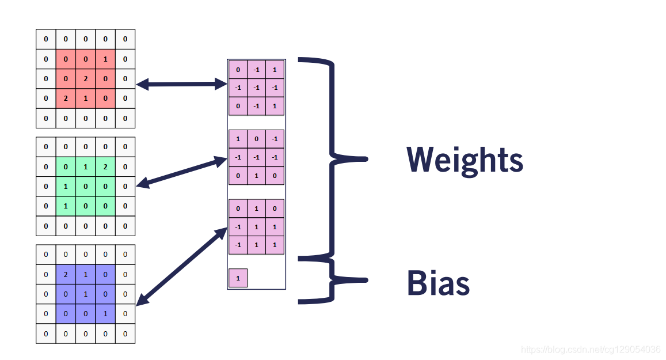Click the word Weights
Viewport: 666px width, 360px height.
(x=465, y=160)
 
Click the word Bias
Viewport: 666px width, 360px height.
(x=438, y=283)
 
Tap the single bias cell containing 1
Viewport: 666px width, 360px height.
(x=238, y=278)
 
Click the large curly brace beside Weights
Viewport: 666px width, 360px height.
(x=333, y=157)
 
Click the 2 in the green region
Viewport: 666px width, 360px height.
(x=105, y=167)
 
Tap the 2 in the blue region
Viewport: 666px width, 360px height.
(x=66, y=275)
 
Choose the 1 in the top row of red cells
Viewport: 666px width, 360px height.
(x=105, y=59)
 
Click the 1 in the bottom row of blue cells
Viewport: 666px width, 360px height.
(x=105, y=314)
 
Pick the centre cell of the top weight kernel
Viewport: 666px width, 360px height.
(x=257, y=88)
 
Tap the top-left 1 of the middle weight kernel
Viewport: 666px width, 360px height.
(x=238, y=139)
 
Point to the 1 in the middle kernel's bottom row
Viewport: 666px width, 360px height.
(x=257, y=175)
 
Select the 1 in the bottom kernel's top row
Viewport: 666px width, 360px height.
(x=257, y=209)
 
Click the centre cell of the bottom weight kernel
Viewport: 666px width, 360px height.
(x=257, y=227)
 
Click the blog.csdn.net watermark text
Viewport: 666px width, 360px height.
(x=590, y=350)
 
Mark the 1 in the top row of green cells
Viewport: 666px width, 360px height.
(x=85, y=167)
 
